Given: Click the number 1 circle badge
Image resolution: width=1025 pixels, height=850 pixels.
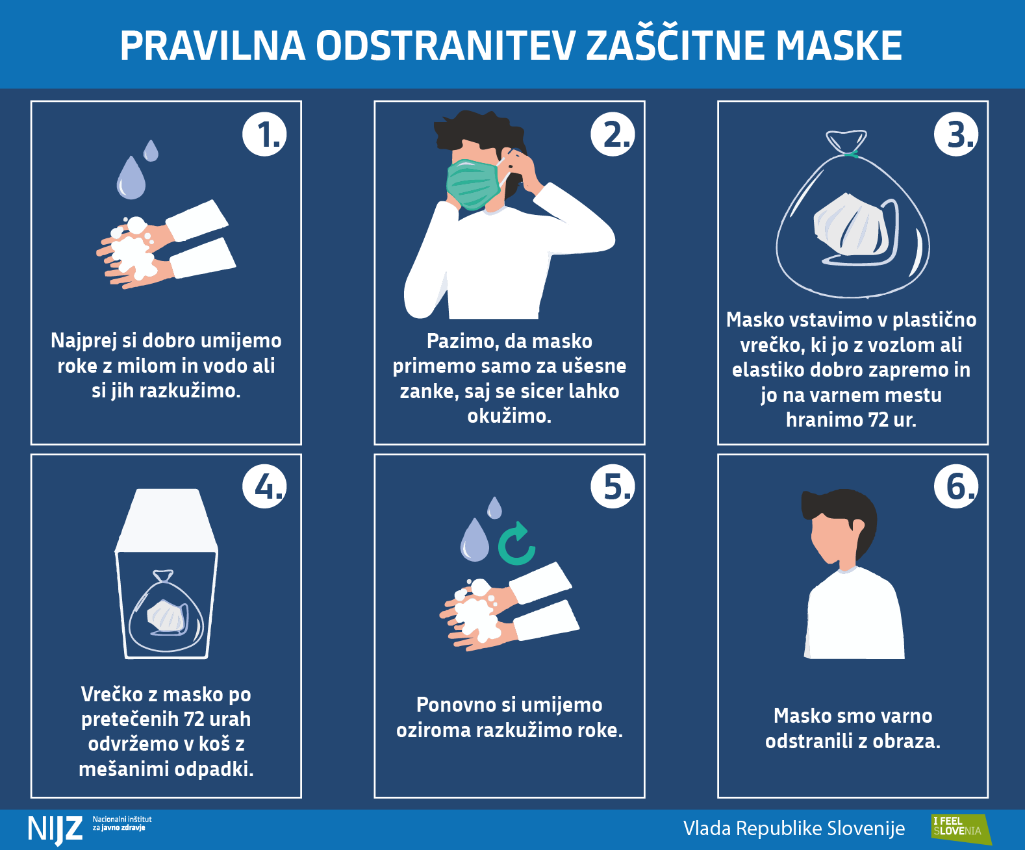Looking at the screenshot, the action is [264, 134].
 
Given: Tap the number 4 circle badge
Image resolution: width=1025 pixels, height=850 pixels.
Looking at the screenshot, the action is [264, 486].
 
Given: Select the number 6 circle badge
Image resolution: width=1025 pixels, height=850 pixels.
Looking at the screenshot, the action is [956, 486].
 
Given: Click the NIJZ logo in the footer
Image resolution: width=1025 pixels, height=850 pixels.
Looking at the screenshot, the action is [55, 829].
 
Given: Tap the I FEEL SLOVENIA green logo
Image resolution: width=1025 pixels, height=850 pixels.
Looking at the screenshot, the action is [961, 829].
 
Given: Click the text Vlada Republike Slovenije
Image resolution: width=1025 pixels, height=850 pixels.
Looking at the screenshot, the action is [794, 829].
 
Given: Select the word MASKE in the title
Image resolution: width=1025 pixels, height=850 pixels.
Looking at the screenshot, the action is [839, 45].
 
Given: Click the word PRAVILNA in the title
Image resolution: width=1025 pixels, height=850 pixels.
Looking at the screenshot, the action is [212, 45].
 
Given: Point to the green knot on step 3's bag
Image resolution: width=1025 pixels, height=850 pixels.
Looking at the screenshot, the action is [851, 154].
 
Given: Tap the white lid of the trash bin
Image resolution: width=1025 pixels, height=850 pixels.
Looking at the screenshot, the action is [166, 520].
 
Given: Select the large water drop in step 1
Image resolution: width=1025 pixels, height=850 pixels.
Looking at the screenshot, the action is [131, 178].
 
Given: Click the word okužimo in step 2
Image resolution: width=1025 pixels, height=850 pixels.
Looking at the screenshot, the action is [509, 416].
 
